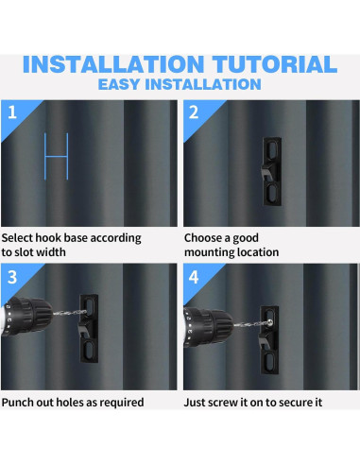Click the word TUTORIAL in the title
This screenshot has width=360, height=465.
[x=274, y=64]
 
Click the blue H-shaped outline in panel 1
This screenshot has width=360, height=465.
[x=57, y=156]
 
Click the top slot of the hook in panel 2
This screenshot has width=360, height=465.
[x=273, y=150]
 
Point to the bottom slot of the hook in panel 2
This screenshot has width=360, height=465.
[x=273, y=193]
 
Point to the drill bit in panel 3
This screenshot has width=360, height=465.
[x=70, y=313]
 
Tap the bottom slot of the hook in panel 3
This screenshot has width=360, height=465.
[x=90, y=350]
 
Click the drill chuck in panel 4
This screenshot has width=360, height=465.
[x=209, y=327]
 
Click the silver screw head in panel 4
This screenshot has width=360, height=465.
[x=270, y=322]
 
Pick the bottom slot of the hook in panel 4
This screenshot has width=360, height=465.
[x=270, y=361]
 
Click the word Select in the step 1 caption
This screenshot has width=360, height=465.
[x=17, y=238]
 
